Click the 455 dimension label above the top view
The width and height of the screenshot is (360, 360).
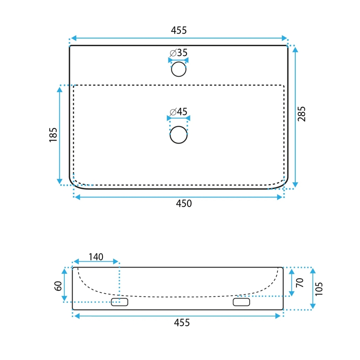(179, 30)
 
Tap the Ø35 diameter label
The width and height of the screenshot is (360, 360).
(178, 53)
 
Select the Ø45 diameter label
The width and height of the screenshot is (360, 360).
(178, 112)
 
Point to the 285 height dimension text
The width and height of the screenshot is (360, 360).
(302, 114)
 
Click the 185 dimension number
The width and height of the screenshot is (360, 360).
(53, 135)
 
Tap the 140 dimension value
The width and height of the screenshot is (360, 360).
(95, 257)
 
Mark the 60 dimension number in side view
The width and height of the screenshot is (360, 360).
(58, 285)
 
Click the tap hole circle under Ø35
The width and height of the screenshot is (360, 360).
(179, 69)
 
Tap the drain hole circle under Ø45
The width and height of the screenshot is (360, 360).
(179, 135)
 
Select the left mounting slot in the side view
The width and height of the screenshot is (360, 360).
(119, 302)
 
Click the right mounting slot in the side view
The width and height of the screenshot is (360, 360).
(241, 302)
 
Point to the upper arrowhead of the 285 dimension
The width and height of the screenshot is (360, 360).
(295, 49)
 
